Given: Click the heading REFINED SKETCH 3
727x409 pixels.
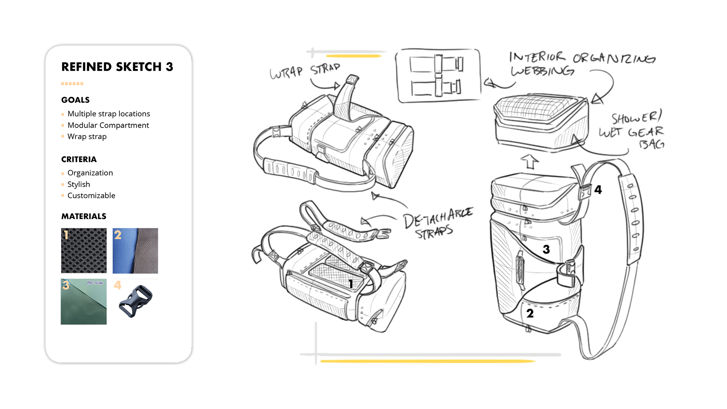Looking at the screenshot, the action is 117,67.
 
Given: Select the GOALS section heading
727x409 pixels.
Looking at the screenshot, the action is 75,100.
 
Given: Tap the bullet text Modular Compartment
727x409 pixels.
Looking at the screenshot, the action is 108,125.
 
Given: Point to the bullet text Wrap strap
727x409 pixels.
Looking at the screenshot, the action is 87,136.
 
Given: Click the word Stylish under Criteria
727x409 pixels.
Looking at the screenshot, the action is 79,184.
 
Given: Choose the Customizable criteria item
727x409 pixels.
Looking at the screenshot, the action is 91,195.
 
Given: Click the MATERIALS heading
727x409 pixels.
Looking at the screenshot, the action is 84,216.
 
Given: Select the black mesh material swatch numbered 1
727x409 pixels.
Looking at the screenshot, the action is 84,250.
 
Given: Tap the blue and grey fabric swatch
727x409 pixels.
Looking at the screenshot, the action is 135,250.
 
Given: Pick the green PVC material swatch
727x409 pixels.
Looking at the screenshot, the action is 84,301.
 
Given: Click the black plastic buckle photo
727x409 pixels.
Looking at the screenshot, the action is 136,301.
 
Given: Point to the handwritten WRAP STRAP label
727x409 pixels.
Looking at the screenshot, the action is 305,71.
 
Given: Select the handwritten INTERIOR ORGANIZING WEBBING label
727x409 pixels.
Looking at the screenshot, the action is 582,64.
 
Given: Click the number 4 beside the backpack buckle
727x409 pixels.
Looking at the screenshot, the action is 598,189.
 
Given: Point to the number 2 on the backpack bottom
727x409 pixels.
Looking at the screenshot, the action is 530,313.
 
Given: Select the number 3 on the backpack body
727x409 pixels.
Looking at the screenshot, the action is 546,249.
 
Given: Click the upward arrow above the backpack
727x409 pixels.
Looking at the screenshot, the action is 529,161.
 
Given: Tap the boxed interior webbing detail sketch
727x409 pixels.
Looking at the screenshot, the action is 438,75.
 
